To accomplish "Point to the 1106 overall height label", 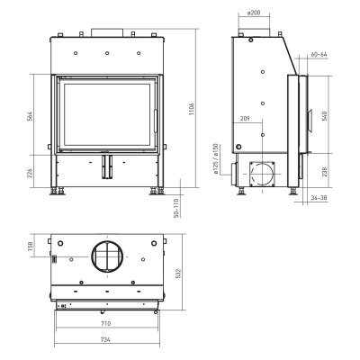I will [x=192, y=108].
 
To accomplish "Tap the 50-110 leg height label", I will [x=176, y=208].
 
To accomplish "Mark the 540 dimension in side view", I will [x=326, y=114].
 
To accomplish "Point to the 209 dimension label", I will [x=246, y=118].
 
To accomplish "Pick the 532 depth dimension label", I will [x=179, y=272].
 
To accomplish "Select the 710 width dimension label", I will [x=105, y=322].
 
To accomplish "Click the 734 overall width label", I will [x=105, y=340].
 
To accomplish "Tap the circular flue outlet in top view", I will [x=106, y=257].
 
